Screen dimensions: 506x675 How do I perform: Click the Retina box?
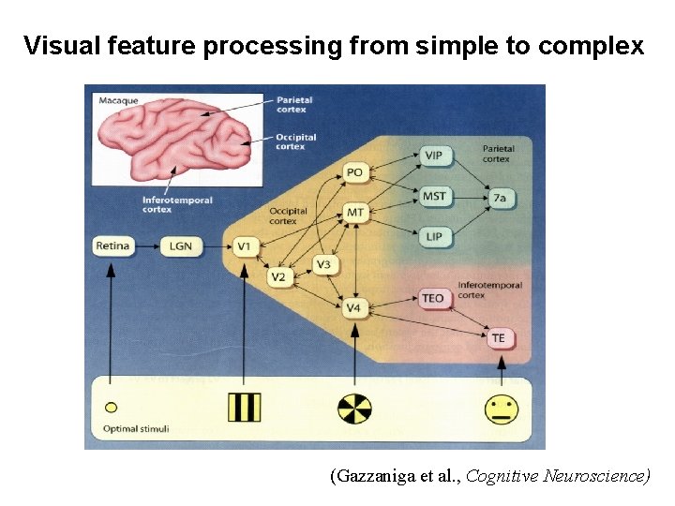(112, 246)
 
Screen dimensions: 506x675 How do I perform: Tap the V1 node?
(244, 246)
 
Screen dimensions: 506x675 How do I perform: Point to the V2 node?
(278, 277)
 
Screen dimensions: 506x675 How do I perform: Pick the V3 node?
(323, 265)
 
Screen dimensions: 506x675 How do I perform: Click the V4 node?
(353, 307)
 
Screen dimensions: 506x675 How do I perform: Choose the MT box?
(355, 213)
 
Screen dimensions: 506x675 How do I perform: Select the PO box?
(354, 172)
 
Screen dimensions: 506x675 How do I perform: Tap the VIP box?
(433, 155)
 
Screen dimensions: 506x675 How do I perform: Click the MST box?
(434, 196)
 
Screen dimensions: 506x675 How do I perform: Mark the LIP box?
(433, 237)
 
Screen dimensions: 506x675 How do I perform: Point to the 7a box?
(500, 198)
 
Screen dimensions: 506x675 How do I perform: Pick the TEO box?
(432, 298)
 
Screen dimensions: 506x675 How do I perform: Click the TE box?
(498, 338)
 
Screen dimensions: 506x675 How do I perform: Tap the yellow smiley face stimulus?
(502, 409)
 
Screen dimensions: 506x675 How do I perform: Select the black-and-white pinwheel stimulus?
(354, 409)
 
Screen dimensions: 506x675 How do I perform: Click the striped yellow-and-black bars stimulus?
(244, 408)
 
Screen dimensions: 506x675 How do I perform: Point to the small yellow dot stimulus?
(111, 408)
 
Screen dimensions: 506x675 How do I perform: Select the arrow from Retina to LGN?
(146, 246)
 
